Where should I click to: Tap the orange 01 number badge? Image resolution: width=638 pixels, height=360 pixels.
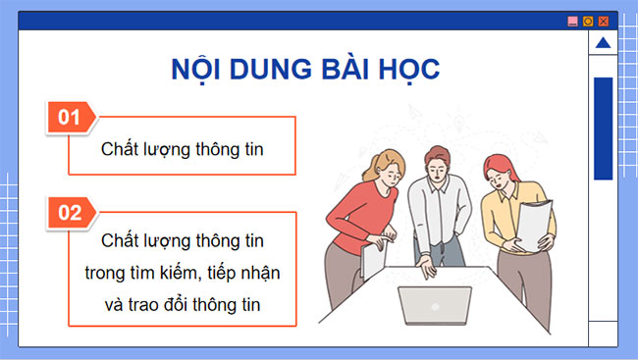pyautogui.click(x=70, y=118)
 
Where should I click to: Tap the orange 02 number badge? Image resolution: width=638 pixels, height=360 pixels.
pyautogui.click(x=70, y=211)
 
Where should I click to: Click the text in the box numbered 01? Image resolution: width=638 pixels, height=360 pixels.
pyautogui.click(x=184, y=148)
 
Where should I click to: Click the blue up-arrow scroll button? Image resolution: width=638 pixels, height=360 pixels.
pyautogui.click(x=603, y=43)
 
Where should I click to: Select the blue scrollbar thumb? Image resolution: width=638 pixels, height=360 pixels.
pyautogui.click(x=603, y=128)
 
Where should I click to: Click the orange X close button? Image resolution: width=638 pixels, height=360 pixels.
pyautogui.click(x=604, y=20)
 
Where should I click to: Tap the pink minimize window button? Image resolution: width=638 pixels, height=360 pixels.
pyautogui.click(x=573, y=20)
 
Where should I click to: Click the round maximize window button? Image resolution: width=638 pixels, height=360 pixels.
pyautogui.click(x=589, y=20)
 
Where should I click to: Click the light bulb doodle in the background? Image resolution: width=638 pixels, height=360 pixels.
pyautogui.click(x=457, y=122)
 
